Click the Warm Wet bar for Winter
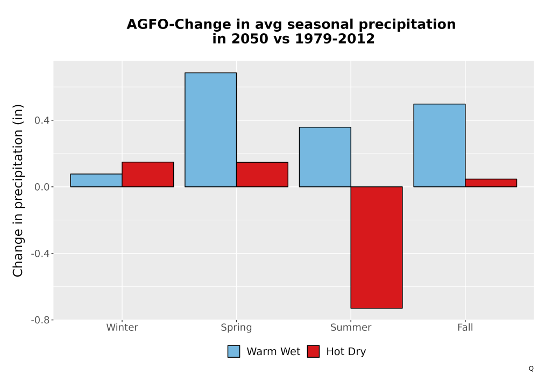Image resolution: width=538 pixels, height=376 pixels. click(x=96, y=180)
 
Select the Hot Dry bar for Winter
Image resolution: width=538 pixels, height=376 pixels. click(x=148, y=174)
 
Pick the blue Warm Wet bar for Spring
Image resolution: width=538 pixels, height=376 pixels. click(x=211, y=130)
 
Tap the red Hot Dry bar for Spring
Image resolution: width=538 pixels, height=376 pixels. click(x=262, y=175)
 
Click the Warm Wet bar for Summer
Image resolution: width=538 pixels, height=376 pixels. click(x=325, y=157)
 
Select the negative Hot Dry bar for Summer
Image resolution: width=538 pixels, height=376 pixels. click(x=377, y=248)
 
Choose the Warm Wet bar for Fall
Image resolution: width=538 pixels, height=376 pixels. click(x=440, y=146)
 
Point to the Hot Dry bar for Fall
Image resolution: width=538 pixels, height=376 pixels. click(x=491, y=183)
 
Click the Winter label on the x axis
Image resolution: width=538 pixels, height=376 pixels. click(x=122, y=327)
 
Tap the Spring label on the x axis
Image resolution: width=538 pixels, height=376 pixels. click(x=236, y=328)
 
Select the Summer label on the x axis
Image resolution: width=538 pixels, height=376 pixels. click(x=351, y=327)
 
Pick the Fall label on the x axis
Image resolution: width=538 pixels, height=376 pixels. click(x=465, y=327)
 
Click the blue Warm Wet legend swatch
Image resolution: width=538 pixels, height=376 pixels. click(x=233, y=351)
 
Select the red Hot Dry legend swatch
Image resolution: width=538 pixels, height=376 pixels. click(x=313, y=351)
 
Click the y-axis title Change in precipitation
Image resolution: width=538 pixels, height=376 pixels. click(x=18, y=190)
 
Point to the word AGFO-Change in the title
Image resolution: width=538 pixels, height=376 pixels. click(x=179, y=25)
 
